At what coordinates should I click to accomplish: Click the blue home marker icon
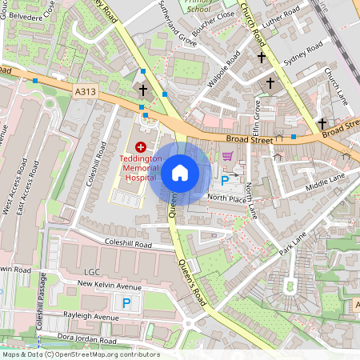180,173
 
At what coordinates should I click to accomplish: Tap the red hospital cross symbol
142,146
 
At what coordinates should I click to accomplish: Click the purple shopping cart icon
227,156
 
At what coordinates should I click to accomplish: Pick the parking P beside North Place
225,181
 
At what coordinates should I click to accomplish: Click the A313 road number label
85,93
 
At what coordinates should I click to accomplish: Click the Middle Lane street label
326,182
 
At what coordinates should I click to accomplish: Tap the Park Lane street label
293,243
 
